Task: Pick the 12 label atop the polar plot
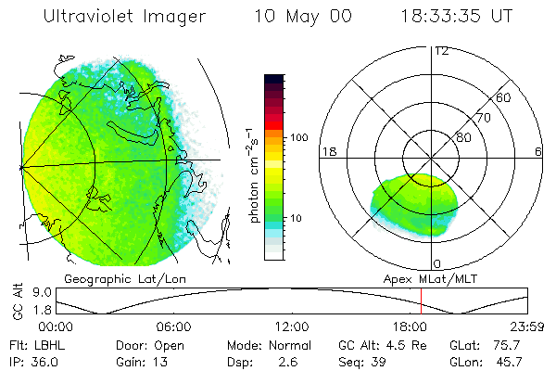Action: click(x=441, y=51)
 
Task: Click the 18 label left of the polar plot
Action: click(x=327, y=151)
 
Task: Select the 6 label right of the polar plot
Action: click(x=539, y=151)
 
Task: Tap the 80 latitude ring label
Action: click(x=464, y=137)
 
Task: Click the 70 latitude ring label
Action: click(x=484, y=118)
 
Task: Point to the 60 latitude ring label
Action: click(x=504, y=98)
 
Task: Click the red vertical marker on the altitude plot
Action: click(x=422, y=301)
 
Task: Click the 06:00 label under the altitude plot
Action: click(x=173, y=327)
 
